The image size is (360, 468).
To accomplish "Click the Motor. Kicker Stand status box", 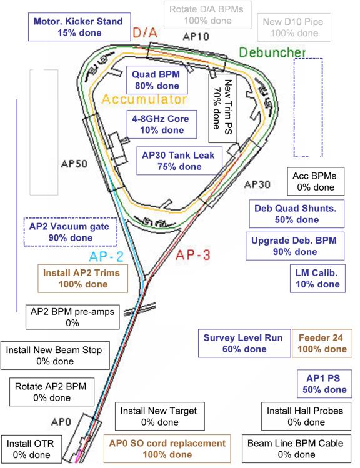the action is tap(79, 27).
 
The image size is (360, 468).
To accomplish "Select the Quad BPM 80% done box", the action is tap(157, 80).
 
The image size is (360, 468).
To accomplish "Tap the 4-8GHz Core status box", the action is tap(162, 124).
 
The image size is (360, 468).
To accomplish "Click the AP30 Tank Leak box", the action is tap(179, 161).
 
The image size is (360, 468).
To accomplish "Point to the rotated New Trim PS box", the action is tap(222, 107).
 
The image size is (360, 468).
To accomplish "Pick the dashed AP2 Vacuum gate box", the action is tap(71, 232).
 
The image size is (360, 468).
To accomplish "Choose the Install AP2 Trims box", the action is tap(82, 278).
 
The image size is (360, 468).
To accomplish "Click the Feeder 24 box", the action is tap(322, 343).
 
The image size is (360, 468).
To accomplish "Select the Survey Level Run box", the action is tap(244, 343).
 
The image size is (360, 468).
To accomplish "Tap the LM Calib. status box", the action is tap(317, 278).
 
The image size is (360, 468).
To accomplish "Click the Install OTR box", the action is tap(31, 449).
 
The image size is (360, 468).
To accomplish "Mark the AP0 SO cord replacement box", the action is tap(167, 449).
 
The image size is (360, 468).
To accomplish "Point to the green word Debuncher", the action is tap(272, 52).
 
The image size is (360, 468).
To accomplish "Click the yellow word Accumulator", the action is tap(144, 99).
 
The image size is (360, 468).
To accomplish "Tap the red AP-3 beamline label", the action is tap(193, 254).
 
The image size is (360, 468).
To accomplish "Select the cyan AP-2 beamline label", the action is tap(106, 256).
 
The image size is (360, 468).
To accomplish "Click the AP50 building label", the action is tap(74, 164).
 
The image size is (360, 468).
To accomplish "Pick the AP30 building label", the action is tap(257, 184).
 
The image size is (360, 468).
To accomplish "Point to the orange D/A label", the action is tap(145, 32).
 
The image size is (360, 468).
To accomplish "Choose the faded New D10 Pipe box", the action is tap(294, 27).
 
